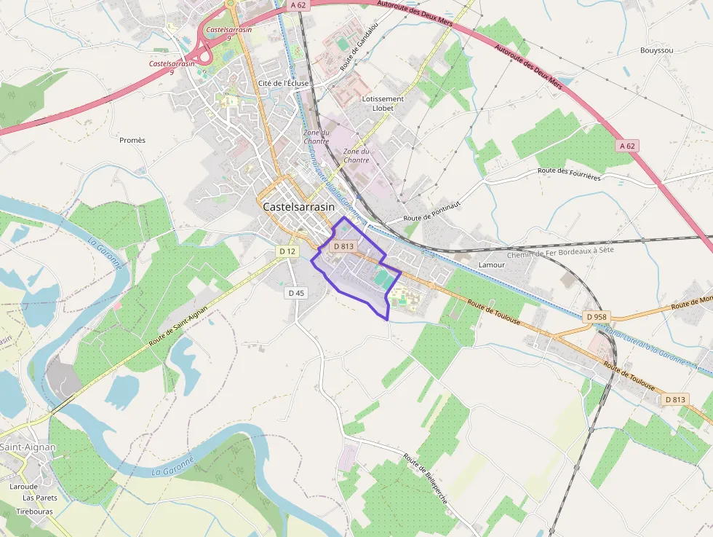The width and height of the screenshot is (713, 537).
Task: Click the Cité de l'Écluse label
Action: (284, 84)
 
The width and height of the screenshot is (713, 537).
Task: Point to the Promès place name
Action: (132, 140)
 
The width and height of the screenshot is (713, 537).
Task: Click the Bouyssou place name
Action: (656, 50)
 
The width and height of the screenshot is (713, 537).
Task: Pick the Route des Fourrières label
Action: (569, 173)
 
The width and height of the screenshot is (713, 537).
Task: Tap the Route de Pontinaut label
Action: (432, 211)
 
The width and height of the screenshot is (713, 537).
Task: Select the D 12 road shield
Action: (287, 251)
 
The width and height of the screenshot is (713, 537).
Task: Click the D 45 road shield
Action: (296, 293)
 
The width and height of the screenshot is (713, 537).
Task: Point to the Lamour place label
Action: (492, 264)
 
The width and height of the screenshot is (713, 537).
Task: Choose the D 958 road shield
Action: (595, 317)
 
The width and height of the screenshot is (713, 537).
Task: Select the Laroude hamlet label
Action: (24, 486)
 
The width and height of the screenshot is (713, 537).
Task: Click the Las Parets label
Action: (40, 498)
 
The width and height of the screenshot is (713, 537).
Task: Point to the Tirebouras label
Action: (35, 511)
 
